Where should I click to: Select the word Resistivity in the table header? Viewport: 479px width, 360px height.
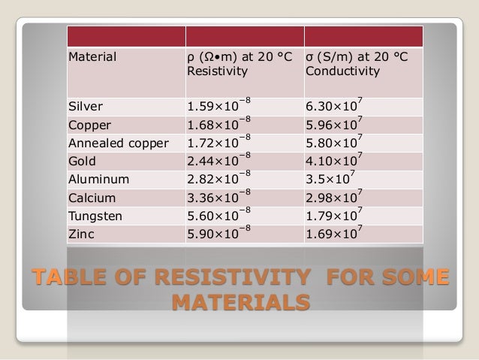point(210,74)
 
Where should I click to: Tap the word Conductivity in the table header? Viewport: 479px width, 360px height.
point(342,74)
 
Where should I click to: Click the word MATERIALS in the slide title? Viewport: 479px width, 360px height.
point(240,303)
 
